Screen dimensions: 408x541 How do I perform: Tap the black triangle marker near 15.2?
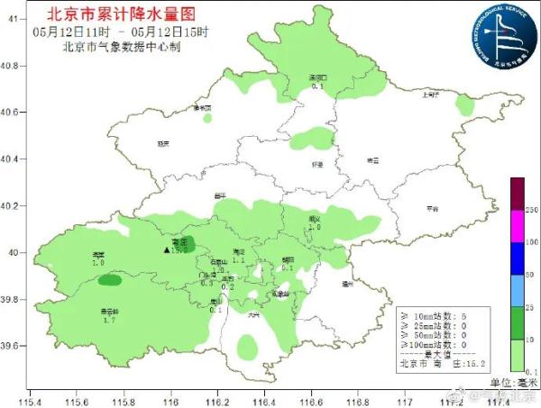[x=165, y=250]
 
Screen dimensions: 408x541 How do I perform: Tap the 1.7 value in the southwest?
[x=109, y=320]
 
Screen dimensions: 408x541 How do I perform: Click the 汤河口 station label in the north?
[x=317, y=77]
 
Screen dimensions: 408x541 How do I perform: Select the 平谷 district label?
[x=432, y=208]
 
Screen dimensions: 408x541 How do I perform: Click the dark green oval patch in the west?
[x=106, y=280]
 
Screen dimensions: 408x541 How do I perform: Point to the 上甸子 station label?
[x=430, y=94]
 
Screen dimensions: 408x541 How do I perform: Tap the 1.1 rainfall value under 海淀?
[x=238, y=260]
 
